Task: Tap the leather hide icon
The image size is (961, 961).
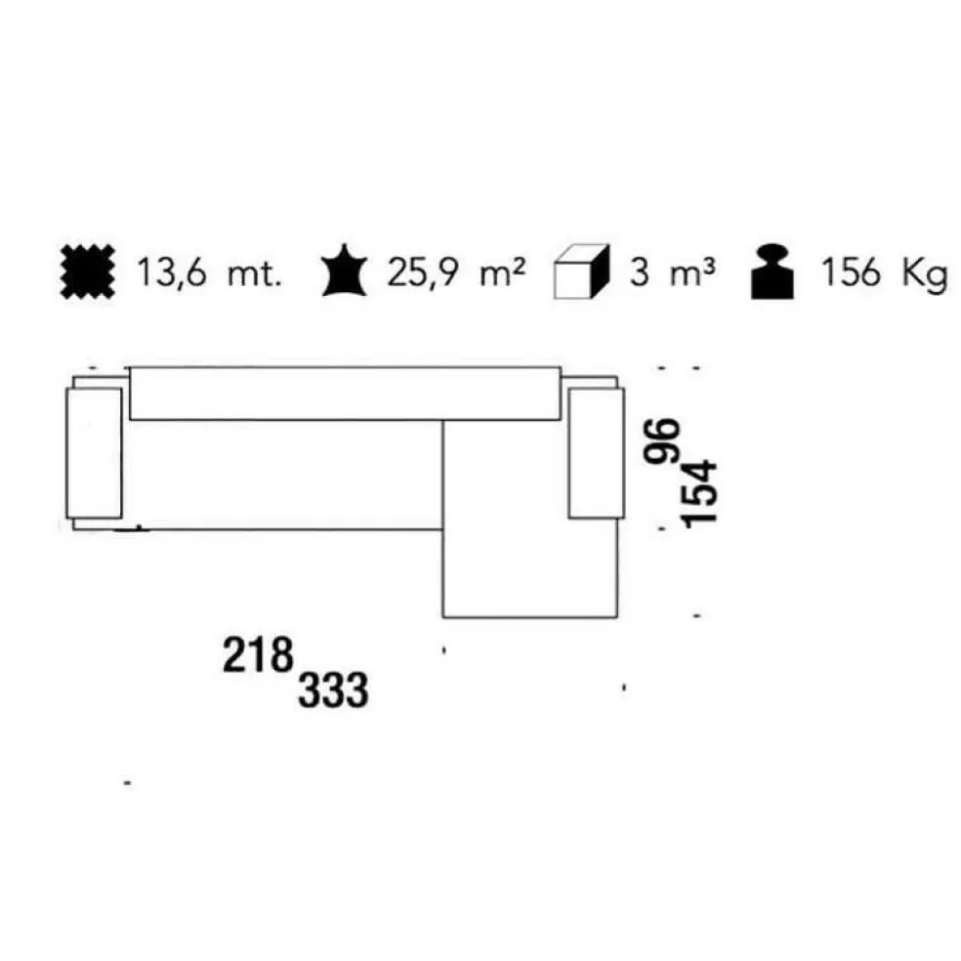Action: (x=344, y=273)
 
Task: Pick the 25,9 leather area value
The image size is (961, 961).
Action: (x=420, y=274)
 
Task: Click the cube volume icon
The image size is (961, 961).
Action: (x=581, y=274)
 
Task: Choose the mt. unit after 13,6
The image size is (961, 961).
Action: (x=253, y=274)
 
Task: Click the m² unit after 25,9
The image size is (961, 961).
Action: (x=504, y=273)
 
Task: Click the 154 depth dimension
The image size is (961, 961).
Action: (x=702, y=492)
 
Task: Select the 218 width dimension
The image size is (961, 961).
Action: (x=258, y=654)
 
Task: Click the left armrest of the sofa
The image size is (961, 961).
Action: (x=94, y=452)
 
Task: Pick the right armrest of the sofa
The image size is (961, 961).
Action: (x=595, y=452)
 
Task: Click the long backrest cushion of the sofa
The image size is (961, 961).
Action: (x=344, y=394)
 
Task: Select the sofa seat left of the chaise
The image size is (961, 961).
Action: (x=283, y=474)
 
